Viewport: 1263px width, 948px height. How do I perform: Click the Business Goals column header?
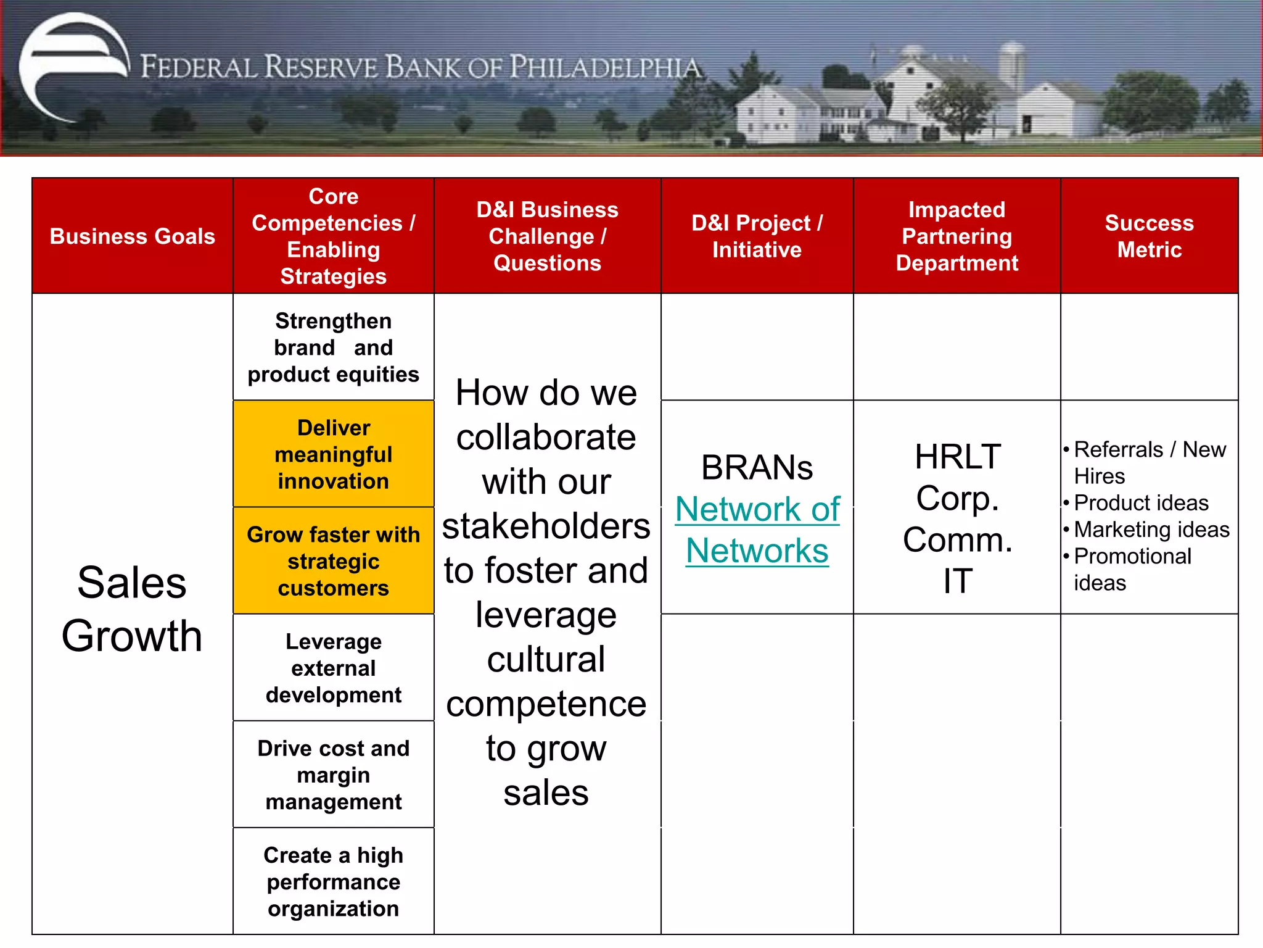point(132,236)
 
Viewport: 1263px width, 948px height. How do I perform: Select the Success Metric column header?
point(1149,236)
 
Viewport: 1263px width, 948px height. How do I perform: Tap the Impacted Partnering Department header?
point(957,236)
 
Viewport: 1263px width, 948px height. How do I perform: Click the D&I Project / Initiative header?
point(757,236)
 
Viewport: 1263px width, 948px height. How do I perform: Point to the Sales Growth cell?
point(132,609)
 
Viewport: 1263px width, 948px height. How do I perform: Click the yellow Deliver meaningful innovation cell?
point(333,454)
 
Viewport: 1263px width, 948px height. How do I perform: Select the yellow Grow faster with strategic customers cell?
point(333,561)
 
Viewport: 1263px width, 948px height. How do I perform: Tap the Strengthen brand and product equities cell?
point(333,347)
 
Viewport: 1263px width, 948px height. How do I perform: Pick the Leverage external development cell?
point(333,668)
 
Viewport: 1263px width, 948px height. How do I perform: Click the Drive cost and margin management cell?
point(333,775)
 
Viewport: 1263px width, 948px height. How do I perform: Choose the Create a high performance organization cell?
point(333,881)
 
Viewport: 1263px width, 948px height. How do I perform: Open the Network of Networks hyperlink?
point(757,530)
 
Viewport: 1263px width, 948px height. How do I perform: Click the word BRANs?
point(757,468)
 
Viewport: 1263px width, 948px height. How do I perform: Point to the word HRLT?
point(957,457)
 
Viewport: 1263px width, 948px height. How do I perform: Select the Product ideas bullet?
point(1140,503)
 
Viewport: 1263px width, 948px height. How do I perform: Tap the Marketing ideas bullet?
point(1151,530)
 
